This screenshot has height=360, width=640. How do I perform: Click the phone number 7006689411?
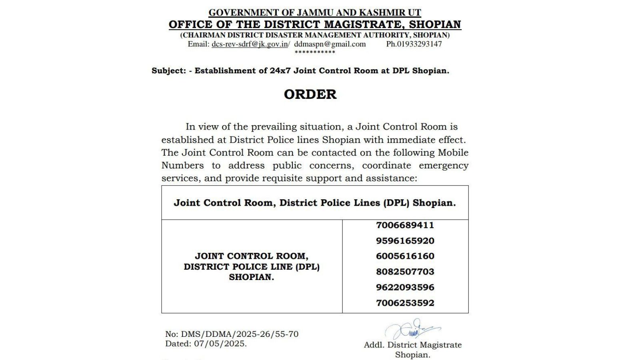[x=405, y=225]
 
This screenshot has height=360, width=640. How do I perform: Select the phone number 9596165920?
[x=405, y=241]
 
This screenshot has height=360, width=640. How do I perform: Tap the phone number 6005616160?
[x=405, y=256]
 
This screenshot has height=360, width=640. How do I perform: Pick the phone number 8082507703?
[x=405, y=272]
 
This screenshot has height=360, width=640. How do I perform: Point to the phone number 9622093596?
[x=405, y=287]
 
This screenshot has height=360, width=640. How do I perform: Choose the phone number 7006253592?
[x=405, y=303]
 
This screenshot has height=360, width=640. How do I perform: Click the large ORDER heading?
[x=310, y=94]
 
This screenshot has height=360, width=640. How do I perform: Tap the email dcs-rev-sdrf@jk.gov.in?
[x=250, y=44]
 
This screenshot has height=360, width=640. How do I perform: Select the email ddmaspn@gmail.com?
[x=330, y=44]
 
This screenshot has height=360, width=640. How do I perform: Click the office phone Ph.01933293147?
[x=414, y=44]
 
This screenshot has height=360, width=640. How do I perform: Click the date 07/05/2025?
[x=220, y=344]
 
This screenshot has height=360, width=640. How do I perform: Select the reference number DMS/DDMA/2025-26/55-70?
[x=240, y=334]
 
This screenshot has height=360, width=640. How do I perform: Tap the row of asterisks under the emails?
[x=315, y=52]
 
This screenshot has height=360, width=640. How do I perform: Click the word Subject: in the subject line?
[x=168, y=71]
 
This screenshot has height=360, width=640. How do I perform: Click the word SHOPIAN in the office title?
[x=435, y=24]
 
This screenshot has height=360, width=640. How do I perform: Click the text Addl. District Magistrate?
[x=412, y=345]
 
